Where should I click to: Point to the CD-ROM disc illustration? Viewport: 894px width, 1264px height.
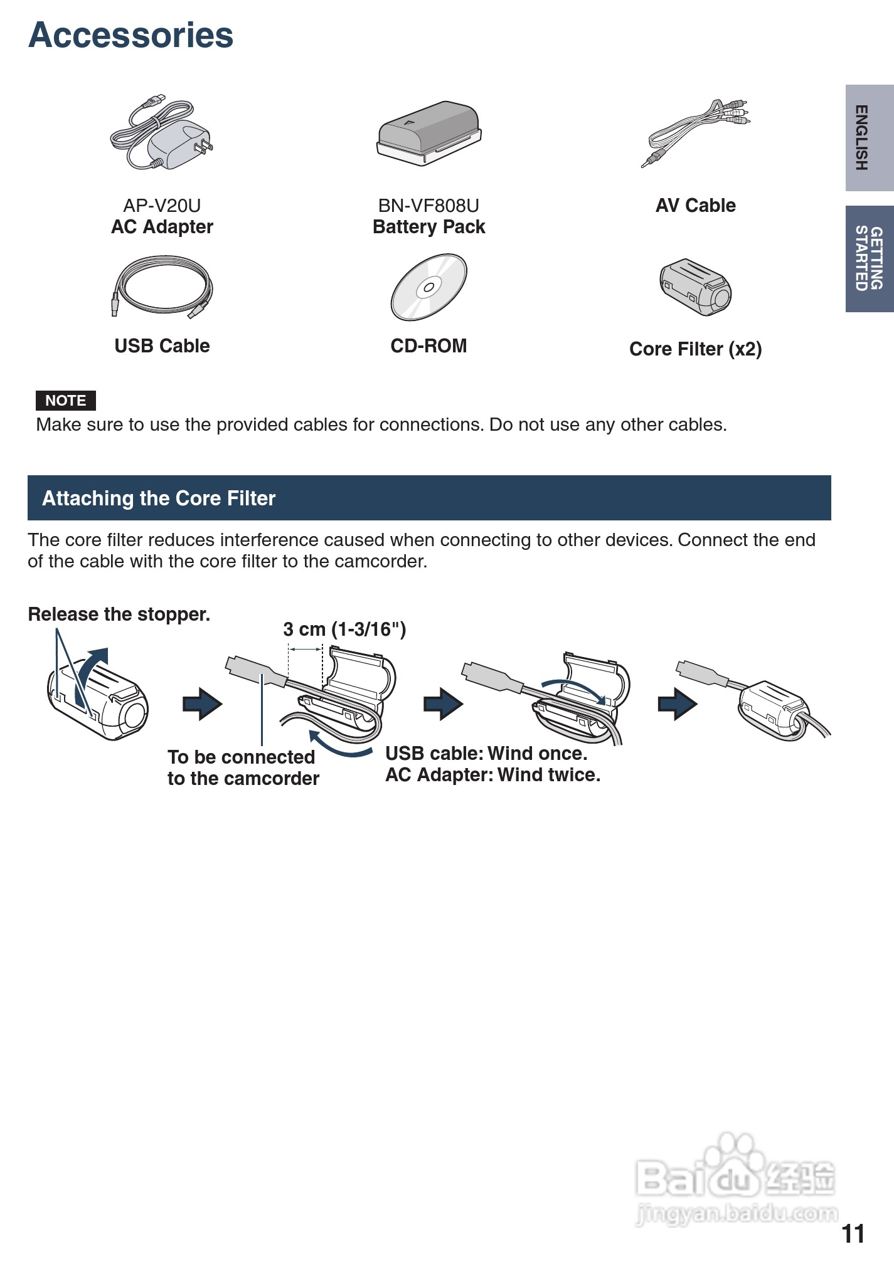click(429, 287)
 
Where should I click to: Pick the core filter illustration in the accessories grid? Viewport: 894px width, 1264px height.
click(695, 287)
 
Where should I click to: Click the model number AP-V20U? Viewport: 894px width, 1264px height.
click(162, 206)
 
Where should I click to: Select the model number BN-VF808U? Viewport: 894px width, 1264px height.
click(428, 206)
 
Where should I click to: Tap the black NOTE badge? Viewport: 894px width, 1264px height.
click(65, 400)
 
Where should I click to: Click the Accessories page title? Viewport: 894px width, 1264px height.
click(131, 35)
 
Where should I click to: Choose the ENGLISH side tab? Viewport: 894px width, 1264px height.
click(869, 137)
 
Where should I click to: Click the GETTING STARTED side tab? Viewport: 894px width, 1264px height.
click(869, 258)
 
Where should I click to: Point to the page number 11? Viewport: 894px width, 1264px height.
click(853, 1234)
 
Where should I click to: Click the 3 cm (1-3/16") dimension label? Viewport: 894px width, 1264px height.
click(344, 629)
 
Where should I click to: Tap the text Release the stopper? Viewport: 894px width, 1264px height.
click(119, 614)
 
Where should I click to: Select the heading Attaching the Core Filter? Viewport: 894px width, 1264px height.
click(159, 498)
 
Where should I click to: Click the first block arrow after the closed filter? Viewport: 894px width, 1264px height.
click(202, 704)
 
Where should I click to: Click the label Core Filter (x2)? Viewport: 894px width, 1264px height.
click(695, 349)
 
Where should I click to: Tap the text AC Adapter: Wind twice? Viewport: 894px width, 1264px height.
click(492, 775)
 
